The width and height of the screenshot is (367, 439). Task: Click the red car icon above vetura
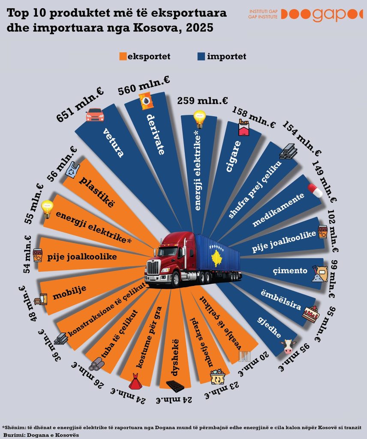(x=95, y=114)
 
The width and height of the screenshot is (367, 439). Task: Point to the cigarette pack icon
(x=244, y=128)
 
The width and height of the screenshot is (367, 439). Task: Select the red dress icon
(x=135, y=380)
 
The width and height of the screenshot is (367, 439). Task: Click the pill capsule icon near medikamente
(x=315, y=191)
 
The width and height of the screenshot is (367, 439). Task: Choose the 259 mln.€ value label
(x=202, y=101)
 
